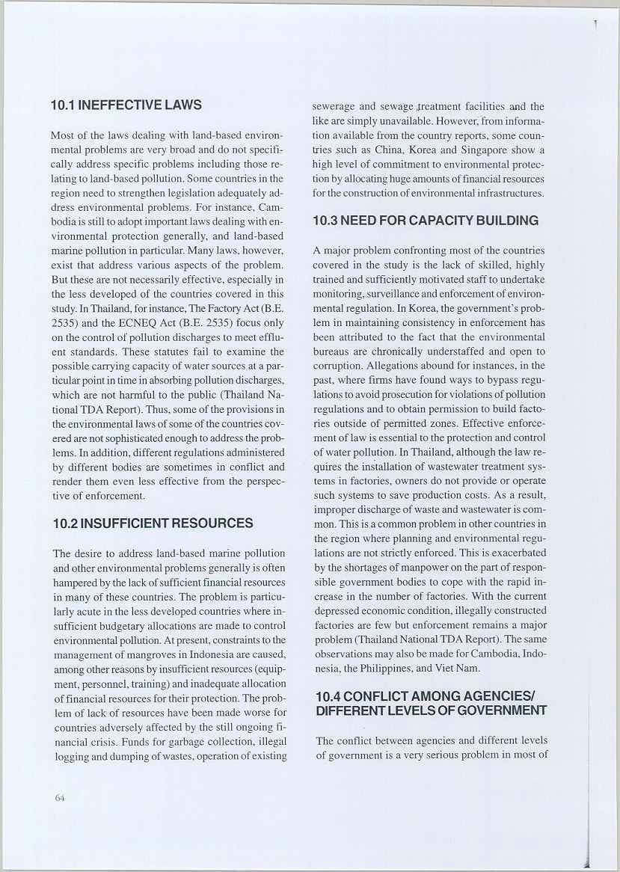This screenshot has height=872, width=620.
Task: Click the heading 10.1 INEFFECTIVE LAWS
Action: pos(126,105)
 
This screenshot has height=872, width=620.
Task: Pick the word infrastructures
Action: pos(506,194)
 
